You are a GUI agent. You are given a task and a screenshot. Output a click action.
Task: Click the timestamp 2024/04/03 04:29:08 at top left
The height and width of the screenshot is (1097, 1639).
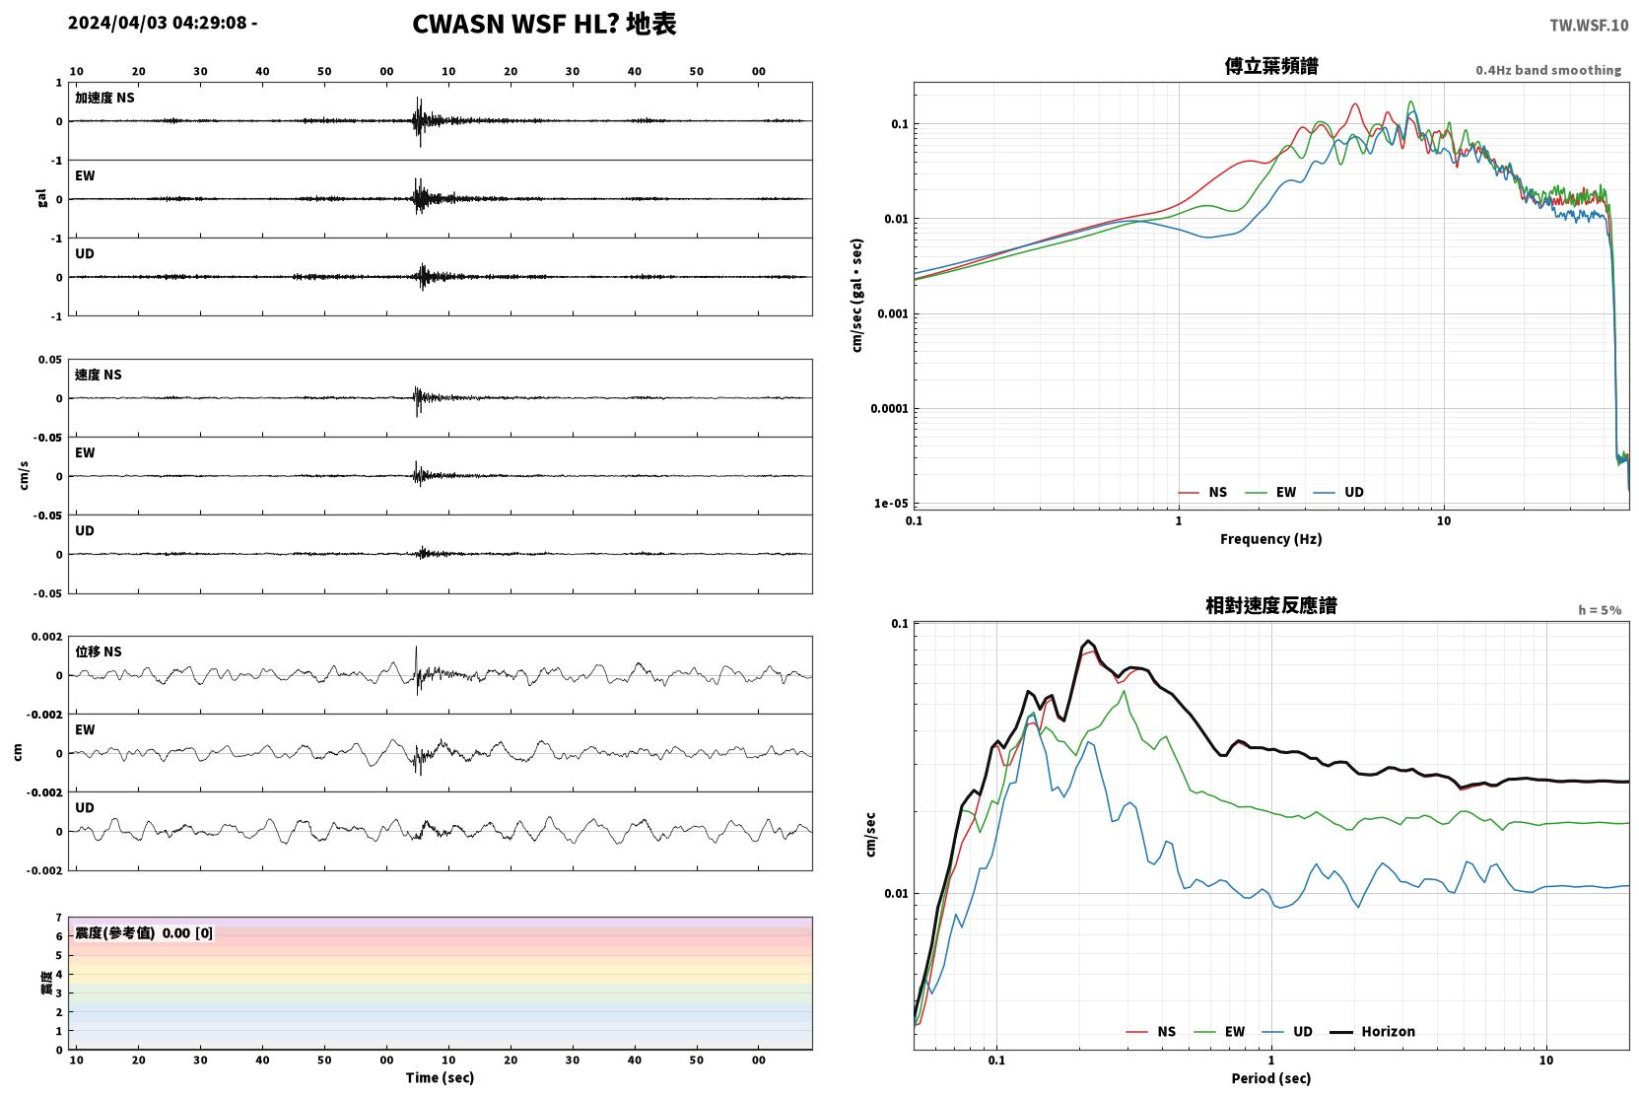point(158,23)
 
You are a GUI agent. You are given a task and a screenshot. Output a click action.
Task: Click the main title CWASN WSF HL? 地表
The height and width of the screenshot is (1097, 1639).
point(544,25)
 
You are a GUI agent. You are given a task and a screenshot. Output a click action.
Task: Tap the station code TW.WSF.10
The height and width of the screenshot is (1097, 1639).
point(1589,26)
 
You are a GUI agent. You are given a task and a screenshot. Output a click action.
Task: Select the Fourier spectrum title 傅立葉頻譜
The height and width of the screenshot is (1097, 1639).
point(1271,67)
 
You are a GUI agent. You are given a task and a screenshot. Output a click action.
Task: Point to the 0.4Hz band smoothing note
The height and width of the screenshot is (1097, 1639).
point(1548,70)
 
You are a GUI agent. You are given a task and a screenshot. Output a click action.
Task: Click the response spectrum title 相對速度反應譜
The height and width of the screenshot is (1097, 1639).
point(1271,606)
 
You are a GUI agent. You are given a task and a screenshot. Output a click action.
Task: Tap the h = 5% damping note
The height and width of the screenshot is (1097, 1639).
point(1600,610)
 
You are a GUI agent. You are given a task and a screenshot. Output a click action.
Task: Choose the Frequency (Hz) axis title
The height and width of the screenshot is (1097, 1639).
point(1271,539)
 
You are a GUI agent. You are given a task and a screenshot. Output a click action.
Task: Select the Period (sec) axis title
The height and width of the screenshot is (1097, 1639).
point(1271,1078)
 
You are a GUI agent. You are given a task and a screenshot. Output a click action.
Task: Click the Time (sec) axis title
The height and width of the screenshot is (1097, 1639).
point(440,1078)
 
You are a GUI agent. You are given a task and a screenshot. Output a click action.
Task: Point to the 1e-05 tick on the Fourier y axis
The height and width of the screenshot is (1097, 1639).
point(891,504)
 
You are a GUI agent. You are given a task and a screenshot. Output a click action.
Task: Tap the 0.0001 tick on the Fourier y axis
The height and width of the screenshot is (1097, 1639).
point(889,408)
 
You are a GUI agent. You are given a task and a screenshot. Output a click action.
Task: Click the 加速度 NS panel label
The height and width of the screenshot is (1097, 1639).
point(104,98)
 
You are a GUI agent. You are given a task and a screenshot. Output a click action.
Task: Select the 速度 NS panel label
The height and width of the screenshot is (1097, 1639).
point(98,375)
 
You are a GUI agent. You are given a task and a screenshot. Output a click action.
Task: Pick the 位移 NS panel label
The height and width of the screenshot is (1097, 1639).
point(98,651)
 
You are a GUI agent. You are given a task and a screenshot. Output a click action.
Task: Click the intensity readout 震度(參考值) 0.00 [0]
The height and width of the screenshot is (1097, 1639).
point(144,933)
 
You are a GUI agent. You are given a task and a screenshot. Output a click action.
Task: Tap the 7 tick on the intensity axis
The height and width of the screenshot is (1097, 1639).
point(59,918)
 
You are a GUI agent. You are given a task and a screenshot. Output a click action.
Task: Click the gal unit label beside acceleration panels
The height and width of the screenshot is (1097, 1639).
point(41,198)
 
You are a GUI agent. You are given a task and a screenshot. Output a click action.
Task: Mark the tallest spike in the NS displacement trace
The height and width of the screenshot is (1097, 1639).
point(416,647)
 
